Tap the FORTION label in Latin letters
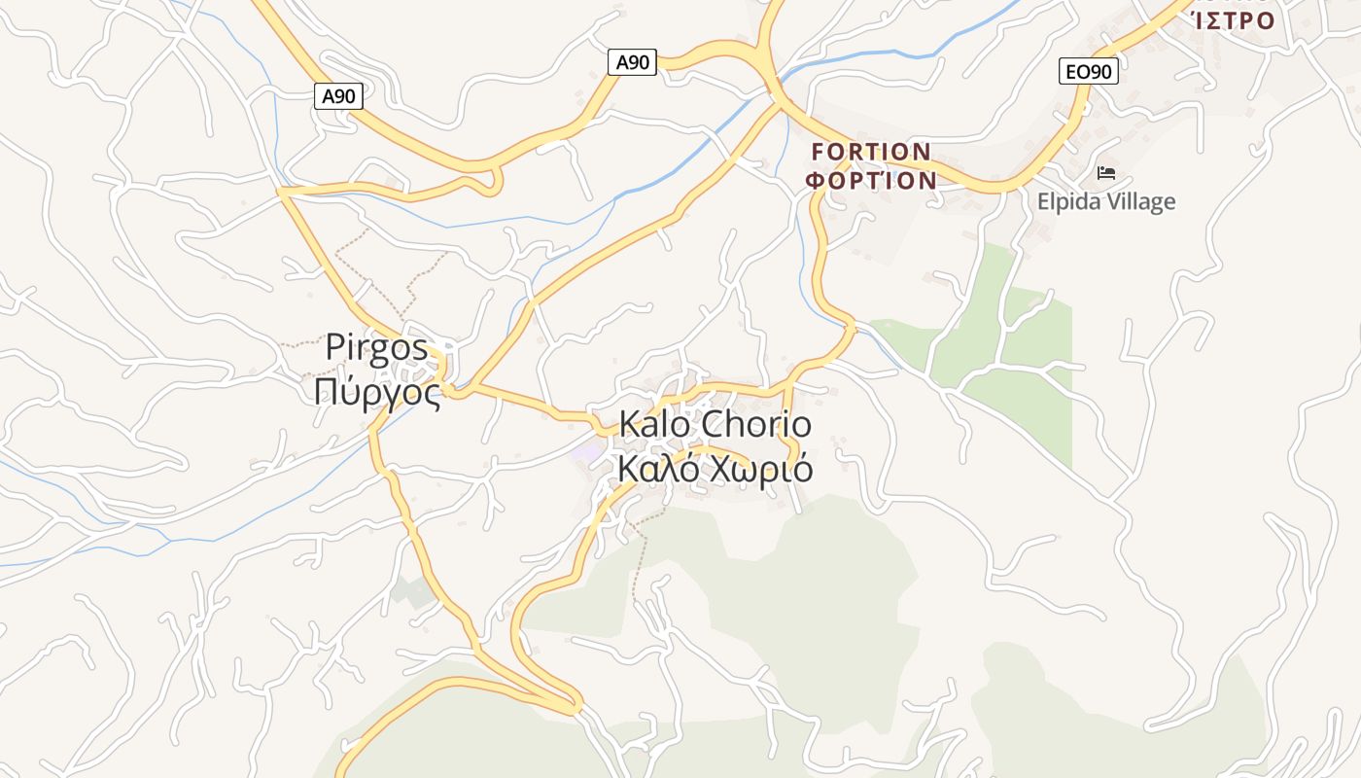(x=871, y=153)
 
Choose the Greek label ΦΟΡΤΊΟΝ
(x=872, y=181)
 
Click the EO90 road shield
(x=1088, y=71)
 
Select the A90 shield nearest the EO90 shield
(x=632, y=63)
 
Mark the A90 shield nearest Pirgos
(x=339, y=96)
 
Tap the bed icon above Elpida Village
(x=1105, y=174)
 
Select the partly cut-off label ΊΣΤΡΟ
(x=1233, y=19)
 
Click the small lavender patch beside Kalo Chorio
(x=586, y=451)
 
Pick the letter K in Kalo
(x=628, y=425)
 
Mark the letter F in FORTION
(x=818, y=153)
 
